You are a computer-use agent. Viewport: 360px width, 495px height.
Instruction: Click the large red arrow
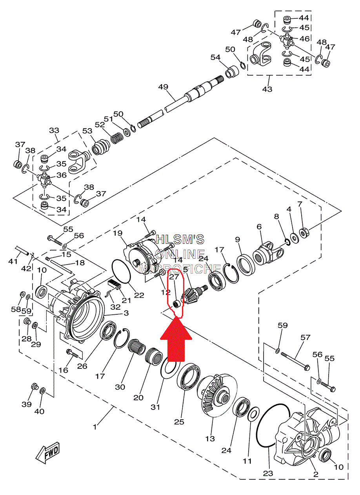point(175,339)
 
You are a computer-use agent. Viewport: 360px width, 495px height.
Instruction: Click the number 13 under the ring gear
point(210,438)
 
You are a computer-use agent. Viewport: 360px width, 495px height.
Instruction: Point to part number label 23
point(268,473)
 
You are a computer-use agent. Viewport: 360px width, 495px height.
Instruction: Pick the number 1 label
point(95,427)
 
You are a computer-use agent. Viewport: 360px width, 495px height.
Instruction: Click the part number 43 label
point(267,89)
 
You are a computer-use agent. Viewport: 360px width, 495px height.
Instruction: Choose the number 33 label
point(54,131)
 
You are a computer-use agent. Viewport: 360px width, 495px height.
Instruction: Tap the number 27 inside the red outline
point(174,277)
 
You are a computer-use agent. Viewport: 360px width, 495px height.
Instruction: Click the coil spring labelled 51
point(116,138)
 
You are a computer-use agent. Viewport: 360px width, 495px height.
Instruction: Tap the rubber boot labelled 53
point(100,148)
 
